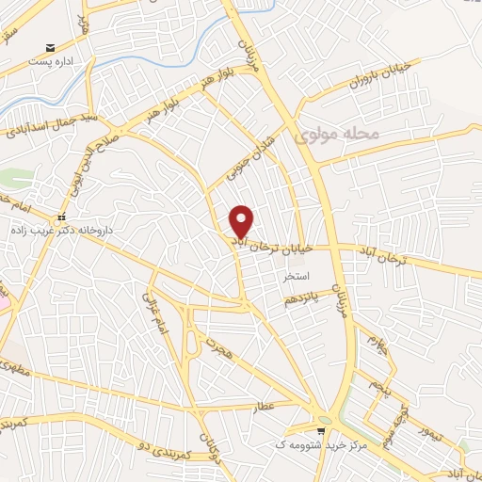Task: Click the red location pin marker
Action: (x=242, y=220)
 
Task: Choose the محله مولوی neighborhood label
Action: (x=336, y=135)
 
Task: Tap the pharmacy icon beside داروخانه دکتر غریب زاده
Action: (x=63, y=216)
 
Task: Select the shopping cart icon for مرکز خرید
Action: (x=323, y=431)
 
